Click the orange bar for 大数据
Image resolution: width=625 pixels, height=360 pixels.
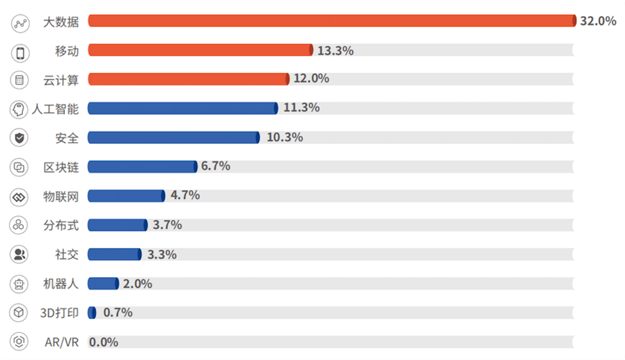pos(332,21)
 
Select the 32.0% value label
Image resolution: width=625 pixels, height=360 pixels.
pos(598,21)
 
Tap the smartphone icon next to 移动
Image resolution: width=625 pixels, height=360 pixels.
pos(20,53)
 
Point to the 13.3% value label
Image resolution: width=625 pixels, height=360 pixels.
pos(336,51)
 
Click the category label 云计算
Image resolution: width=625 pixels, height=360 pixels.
pos(61,80)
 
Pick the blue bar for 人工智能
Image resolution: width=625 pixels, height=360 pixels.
pos(183,108)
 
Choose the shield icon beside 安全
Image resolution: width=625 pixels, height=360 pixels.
pos(19,138)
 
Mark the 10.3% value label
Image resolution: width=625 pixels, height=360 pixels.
pos(285,137)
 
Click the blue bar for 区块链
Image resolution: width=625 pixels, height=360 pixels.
pos(142,166)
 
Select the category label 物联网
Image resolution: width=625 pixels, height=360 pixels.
pos(61,196)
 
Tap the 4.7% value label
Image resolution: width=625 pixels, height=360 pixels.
pos(185,195)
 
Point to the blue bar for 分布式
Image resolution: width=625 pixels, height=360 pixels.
pos(118,225)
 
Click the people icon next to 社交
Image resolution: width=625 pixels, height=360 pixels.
pos(19,254)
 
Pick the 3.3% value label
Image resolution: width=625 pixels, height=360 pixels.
pos(162,254)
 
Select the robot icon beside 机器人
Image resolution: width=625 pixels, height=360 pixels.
pos(19,284)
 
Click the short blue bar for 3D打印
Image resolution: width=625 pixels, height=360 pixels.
pos(92,312)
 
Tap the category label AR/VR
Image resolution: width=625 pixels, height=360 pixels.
pos(62,342)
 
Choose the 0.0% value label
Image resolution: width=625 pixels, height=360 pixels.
pos(104,342)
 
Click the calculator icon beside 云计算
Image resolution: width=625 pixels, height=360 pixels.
pos(19,80)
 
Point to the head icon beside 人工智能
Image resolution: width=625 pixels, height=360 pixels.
pos(19,109)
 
